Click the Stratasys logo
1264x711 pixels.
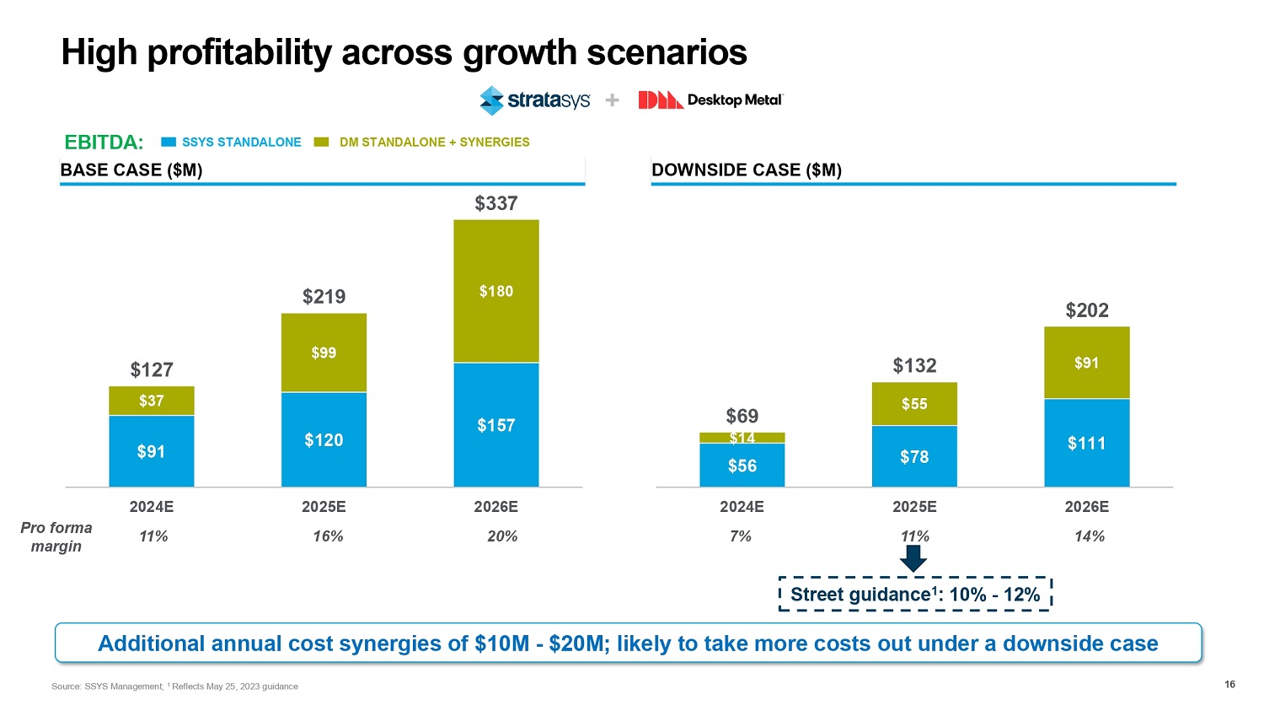pos(534,100)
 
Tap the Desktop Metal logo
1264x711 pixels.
pos(710,100)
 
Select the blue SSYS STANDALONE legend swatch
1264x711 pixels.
pos(169,143)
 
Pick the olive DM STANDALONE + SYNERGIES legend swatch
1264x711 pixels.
pos(321,143)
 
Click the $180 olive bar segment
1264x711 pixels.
pos(496,291)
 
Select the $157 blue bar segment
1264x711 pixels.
pos(496,425)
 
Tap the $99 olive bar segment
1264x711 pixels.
pos(324,353)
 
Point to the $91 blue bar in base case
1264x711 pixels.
pos(152,451)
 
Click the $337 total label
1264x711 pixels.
pos(496,203)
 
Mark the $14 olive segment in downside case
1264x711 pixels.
pos(742,438)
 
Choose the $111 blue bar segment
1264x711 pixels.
pos(1087,443)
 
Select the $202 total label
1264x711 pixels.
pos(1087,310)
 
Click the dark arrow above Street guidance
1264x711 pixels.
pos(913,557)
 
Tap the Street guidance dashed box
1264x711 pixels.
pos(915,594)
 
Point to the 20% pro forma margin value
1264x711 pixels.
pos(502,536)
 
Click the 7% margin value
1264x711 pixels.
pos(741,536)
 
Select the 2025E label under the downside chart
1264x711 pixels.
pos(914,507)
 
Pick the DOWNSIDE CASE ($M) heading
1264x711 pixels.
pos(747,170)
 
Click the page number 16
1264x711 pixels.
pos(1229,684)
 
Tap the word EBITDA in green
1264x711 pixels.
pos(104,143)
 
